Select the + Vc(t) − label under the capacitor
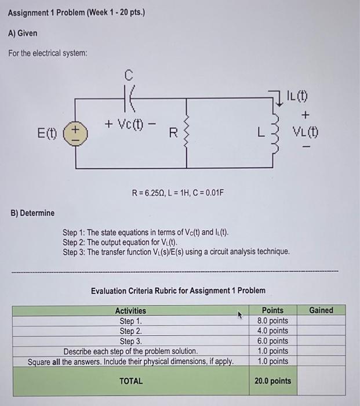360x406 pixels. pos(130,124)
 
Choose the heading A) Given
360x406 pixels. pos(23,33)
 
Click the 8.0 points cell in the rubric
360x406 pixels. pos(272,321)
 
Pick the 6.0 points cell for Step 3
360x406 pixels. pos(272,341)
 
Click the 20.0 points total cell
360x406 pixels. pos(272,381)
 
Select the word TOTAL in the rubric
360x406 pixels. pos(130,381)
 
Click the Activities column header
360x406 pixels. pos(130,311)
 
